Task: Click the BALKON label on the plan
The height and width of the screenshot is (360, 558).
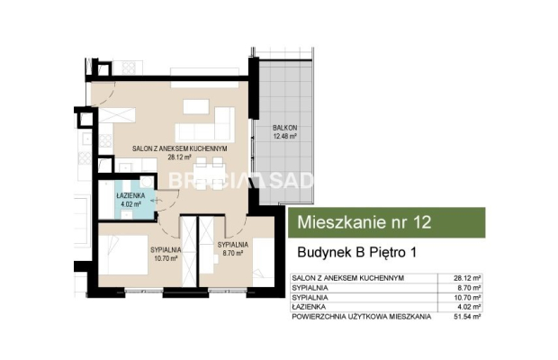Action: coord(286,129)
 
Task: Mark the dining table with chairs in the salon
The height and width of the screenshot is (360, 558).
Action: coord(209,169)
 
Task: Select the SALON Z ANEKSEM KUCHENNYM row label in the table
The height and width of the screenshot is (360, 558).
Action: coord(346,278)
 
